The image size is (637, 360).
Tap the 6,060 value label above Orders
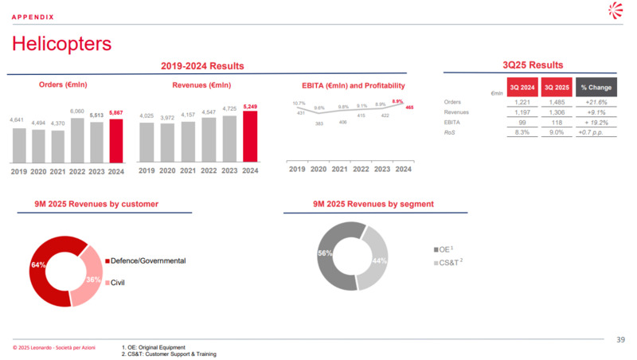point(77,111)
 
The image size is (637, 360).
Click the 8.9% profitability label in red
point(397,101)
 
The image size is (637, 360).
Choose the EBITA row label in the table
point(454,123)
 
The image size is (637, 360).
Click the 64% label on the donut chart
point(38,264)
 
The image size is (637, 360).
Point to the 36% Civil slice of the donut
point(92,280)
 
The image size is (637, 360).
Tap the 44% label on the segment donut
point(379,260)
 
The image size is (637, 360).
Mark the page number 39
point(620,340)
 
